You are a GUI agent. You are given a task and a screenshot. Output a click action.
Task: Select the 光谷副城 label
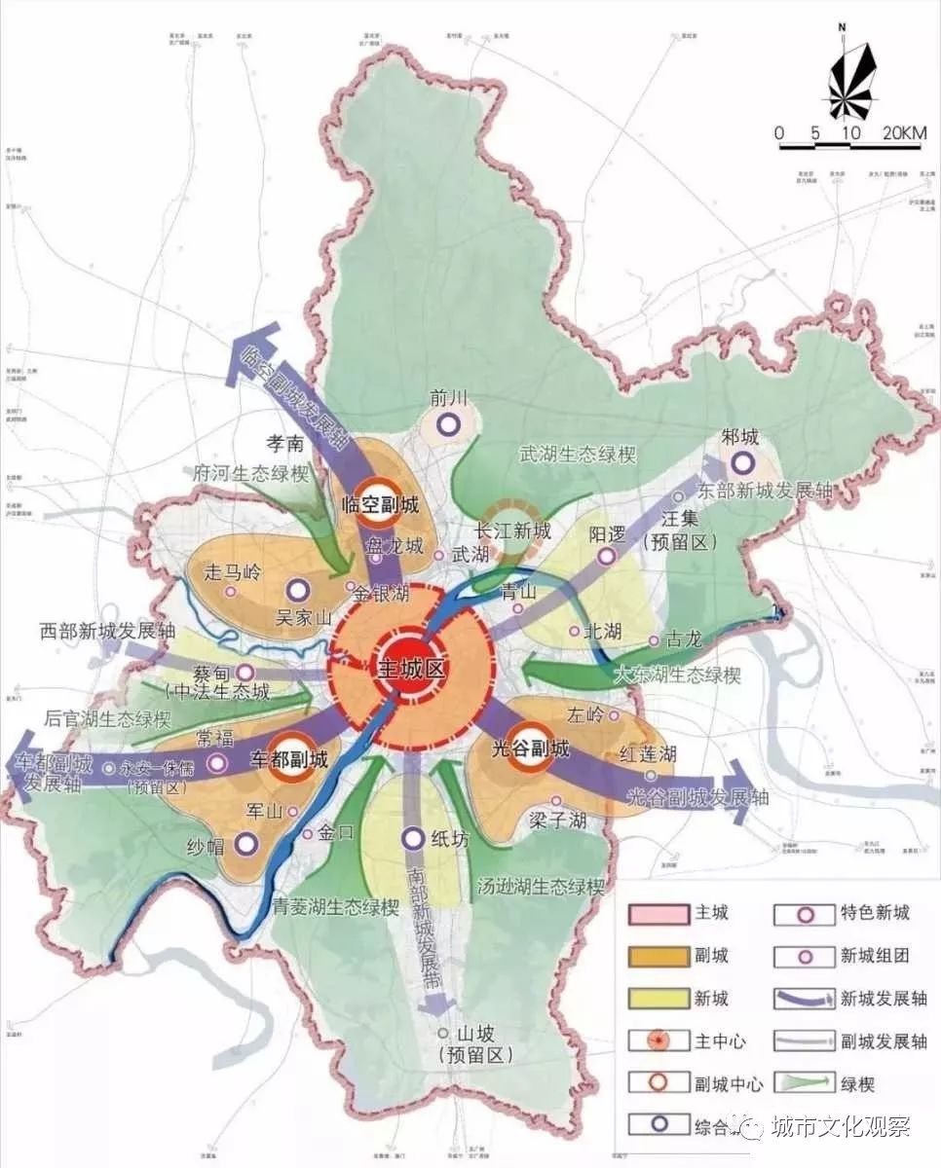coord(532,748)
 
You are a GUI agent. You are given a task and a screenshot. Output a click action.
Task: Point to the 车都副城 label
coord(288,757)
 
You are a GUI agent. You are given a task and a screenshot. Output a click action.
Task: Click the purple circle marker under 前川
coord(448,424)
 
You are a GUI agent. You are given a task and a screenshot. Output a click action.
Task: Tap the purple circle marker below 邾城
coord(743,463)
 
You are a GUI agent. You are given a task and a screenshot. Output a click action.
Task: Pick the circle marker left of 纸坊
coord(412,837)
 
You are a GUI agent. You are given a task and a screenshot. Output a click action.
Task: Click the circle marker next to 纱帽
coord(245,844)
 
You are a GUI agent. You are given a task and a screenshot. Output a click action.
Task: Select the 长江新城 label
coord(513,531)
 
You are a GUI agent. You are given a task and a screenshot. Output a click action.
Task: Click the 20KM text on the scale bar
coord(905,132)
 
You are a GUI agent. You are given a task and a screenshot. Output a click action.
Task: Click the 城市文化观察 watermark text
coord(840,1127)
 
